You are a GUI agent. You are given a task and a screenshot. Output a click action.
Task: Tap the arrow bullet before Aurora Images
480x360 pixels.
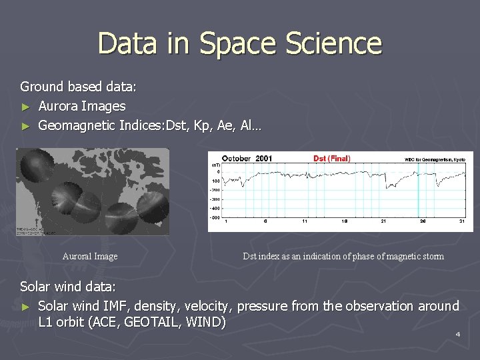[x=25, y=107]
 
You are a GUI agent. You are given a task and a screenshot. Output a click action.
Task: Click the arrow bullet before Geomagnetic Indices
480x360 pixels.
[x=25, y=125]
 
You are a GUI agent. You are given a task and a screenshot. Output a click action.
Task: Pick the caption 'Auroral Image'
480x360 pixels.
[x=90, y=257]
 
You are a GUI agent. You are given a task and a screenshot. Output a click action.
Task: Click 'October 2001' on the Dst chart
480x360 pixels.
[x=247, y=159]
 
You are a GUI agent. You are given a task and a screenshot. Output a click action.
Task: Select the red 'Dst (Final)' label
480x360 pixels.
[x=331, y=159]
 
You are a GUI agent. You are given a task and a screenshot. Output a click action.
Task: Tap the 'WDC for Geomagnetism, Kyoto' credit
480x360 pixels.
[x=435, y=159]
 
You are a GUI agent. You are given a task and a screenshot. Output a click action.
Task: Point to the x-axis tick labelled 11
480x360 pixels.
[x=304, y=221]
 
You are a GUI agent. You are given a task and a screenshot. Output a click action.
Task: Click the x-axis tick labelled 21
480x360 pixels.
[x=383, y=221]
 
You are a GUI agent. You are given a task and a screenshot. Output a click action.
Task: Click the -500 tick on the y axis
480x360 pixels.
[x=215, y=217]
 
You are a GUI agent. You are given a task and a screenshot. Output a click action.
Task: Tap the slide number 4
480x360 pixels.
[x=458, y=333]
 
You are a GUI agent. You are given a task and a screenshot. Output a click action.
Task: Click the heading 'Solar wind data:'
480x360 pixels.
[x=68, y=287]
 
